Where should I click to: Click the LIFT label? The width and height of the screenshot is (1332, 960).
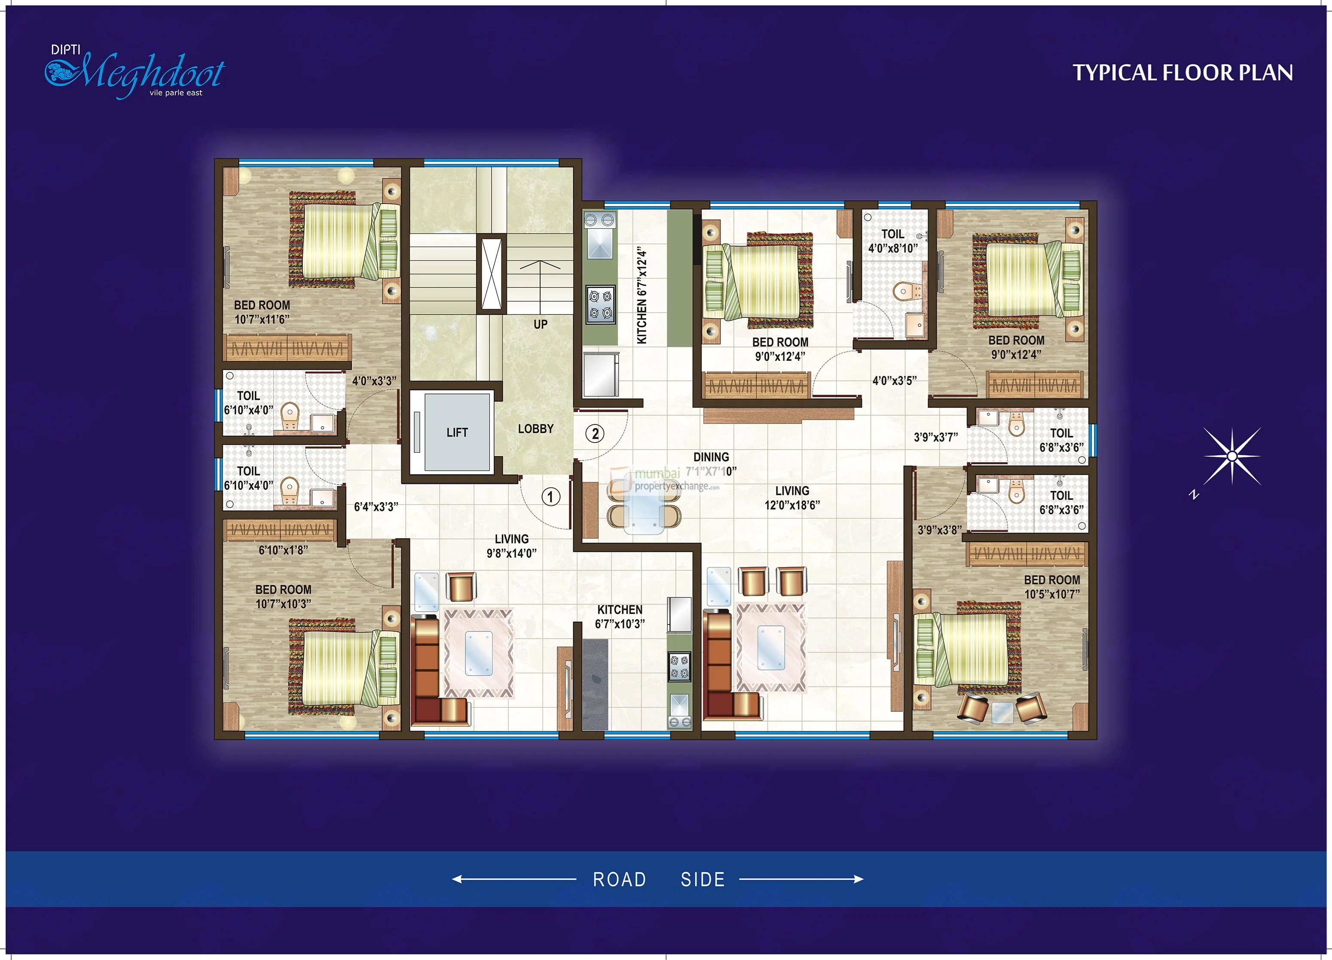pos(457,433)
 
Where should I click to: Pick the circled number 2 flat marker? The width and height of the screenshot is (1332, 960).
pos(595,434)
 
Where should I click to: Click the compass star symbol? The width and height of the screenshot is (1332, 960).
pos(1231,456)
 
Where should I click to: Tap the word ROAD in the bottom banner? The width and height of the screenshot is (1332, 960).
pos(620,880)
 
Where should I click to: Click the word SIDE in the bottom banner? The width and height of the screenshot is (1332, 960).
pos(703,880)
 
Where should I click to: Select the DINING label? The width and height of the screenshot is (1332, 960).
pos(711,457)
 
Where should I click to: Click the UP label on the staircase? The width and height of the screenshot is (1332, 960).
pos(540,324)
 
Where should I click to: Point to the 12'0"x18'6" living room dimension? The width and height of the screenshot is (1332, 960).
pos(792,505)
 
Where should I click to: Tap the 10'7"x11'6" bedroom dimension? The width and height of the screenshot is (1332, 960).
pos(262,320)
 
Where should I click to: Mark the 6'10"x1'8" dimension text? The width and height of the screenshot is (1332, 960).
pos(283,550)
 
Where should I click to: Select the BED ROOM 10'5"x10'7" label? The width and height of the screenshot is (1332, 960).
pos(1052,587)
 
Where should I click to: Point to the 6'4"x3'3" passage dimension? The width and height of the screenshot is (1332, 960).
pos(376,507)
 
